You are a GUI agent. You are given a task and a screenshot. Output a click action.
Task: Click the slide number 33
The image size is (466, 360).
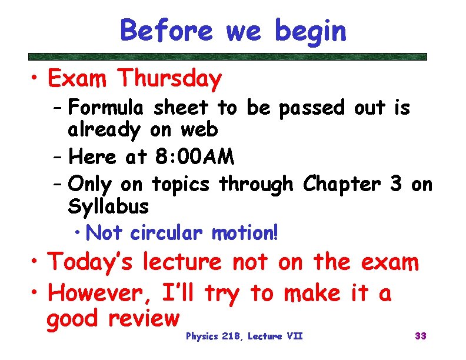click(420, 336)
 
